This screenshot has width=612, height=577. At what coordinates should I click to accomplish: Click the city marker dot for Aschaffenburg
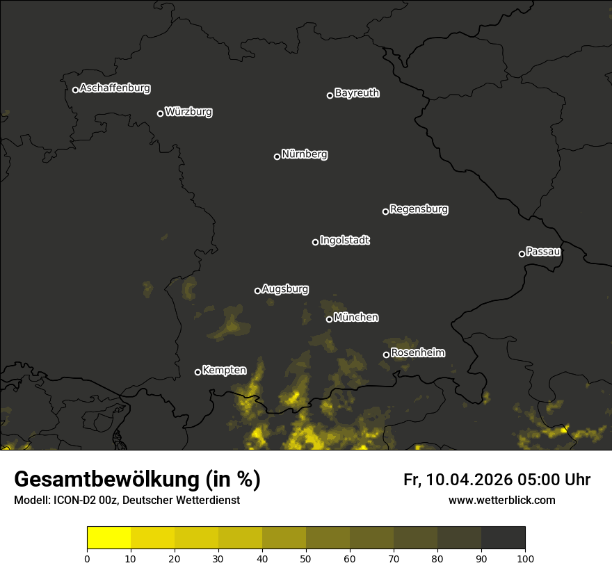75,90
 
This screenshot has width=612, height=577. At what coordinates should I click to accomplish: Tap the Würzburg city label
188,112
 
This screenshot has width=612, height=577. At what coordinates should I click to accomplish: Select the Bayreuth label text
357,93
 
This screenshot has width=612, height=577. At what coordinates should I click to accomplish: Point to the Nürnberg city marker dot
277,156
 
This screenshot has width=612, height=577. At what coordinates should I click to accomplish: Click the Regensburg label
419,209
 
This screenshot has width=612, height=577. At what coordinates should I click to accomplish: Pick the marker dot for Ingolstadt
315,242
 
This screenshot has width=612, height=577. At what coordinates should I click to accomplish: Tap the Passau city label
543,252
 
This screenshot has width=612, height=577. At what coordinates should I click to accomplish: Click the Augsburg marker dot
257,291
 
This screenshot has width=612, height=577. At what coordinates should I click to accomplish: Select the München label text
356,318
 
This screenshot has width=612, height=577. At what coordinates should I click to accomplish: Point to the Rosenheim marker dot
386,355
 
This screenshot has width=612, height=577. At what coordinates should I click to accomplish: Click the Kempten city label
224,371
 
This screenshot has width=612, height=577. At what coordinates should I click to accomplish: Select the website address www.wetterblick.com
501,500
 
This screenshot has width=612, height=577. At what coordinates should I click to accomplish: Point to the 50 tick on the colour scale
306,558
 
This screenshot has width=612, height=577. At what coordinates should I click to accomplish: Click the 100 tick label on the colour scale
525,558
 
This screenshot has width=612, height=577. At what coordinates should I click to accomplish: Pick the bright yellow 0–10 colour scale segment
108,537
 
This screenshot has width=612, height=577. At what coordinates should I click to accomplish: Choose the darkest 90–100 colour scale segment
503,537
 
